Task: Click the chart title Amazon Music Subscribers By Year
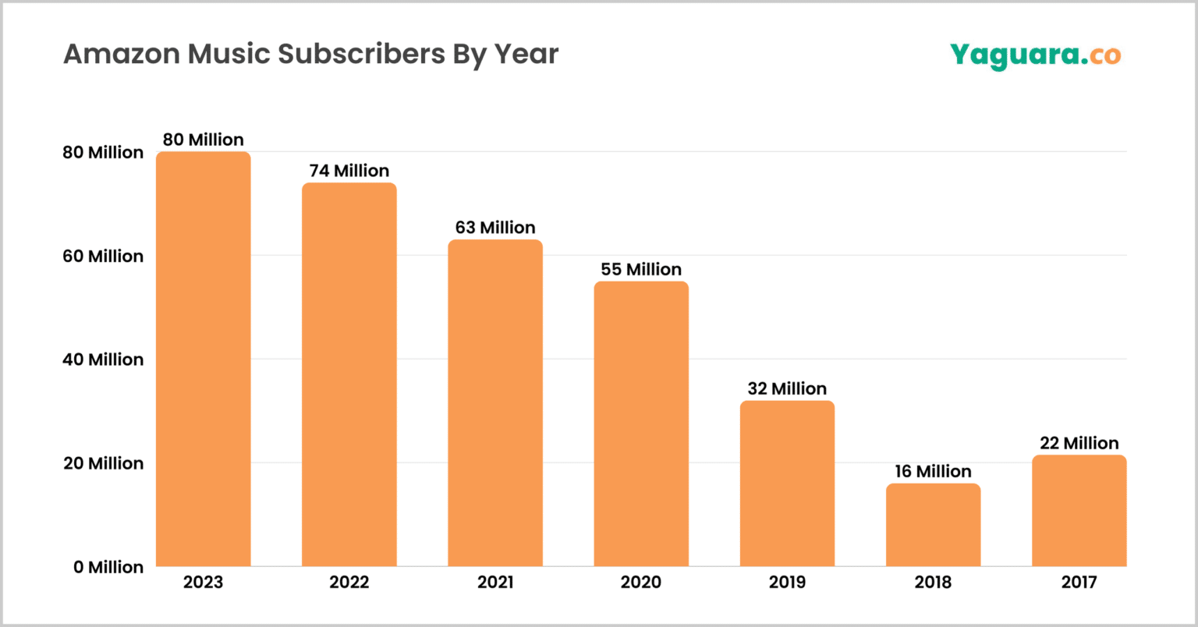(310, 55)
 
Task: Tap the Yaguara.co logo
(1035, 55)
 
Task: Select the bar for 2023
(203, 359)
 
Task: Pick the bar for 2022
(349, 374)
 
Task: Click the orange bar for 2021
(494, 402)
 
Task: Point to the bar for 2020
(641, 423)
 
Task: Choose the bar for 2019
(787, 484)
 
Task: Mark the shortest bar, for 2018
(933, 525)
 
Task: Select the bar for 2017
(1079, 510)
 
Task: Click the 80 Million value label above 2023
(203, 140)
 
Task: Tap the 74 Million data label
(349, 171)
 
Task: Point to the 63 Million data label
(494, 228)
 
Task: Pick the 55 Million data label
(641, 269)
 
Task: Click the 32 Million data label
(787, 388)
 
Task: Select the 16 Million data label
(933, 471)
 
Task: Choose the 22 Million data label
(1079, 443)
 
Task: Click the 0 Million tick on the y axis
(108, 567)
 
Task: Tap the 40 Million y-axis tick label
(103, 360)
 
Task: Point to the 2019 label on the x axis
(787, 582)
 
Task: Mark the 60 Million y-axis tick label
(103, 256)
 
